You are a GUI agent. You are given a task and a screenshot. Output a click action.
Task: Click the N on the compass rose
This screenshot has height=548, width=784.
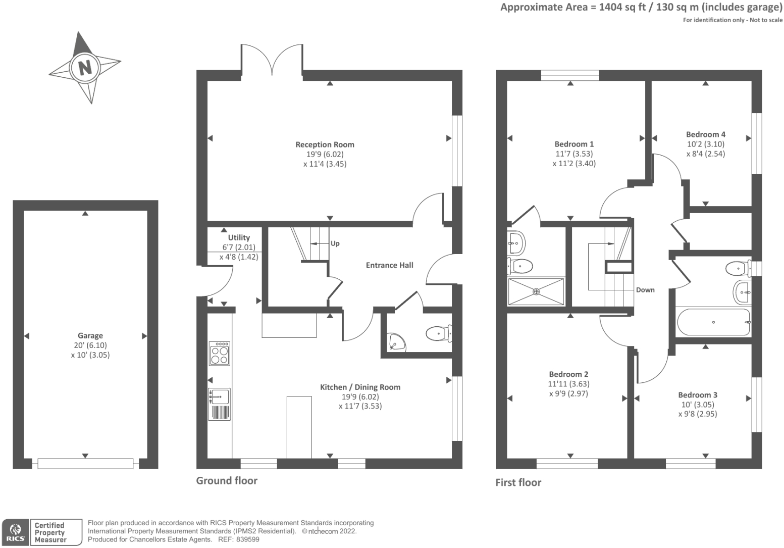coord(85,67)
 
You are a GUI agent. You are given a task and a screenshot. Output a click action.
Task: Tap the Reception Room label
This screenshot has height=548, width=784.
coord(325,144)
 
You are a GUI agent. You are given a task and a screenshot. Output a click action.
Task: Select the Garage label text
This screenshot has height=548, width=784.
coord(90,335)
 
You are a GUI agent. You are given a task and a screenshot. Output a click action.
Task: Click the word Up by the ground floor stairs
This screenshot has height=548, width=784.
coord(335,243)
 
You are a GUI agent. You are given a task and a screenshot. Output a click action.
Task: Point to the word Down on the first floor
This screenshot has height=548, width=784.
coord(645,290)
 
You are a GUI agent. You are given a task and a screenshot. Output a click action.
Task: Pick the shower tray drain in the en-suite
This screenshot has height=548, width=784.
coord(536,291)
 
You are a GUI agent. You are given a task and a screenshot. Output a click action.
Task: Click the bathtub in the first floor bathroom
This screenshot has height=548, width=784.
coord(713,322)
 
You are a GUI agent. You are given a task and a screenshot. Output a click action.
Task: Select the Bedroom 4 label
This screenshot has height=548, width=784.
coord(705,134)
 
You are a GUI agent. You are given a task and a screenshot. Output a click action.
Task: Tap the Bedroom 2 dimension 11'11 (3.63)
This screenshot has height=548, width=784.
coord(568,384)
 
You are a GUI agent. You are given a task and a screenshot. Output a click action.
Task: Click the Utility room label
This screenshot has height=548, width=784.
coord(239,237)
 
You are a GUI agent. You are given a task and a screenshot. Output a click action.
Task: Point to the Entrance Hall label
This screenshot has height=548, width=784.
coord(389,265)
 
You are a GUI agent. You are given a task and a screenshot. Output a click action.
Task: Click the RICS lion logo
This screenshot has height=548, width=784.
coord(15,532)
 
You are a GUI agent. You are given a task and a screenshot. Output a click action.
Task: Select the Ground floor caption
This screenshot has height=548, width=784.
coord(227,481)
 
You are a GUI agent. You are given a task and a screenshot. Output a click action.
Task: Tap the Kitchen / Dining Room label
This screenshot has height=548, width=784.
coord(360,387)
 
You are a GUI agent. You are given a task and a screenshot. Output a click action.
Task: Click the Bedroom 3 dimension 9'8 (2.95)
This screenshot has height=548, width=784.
coord(698,414)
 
